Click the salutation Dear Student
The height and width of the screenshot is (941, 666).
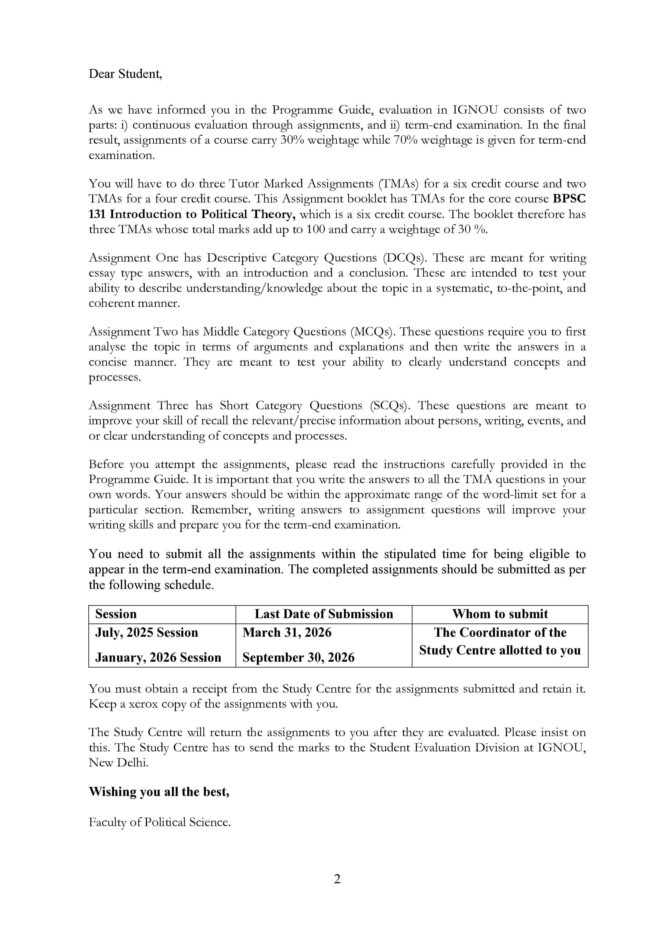click(125, 74)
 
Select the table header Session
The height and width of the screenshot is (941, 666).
click(116, 614)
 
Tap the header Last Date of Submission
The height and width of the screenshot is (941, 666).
click(323, 614)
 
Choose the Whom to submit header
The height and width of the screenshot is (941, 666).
click(500, 614)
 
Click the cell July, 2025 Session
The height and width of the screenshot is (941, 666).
click(147, 632)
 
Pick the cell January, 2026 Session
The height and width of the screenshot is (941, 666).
click(158, 657)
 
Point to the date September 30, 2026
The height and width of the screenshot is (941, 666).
click(298, 657)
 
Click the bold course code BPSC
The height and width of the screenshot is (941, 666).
click(569, 199)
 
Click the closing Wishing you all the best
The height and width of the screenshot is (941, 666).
click(159, 791)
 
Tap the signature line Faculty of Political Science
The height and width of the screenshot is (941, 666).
click(160, 822)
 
